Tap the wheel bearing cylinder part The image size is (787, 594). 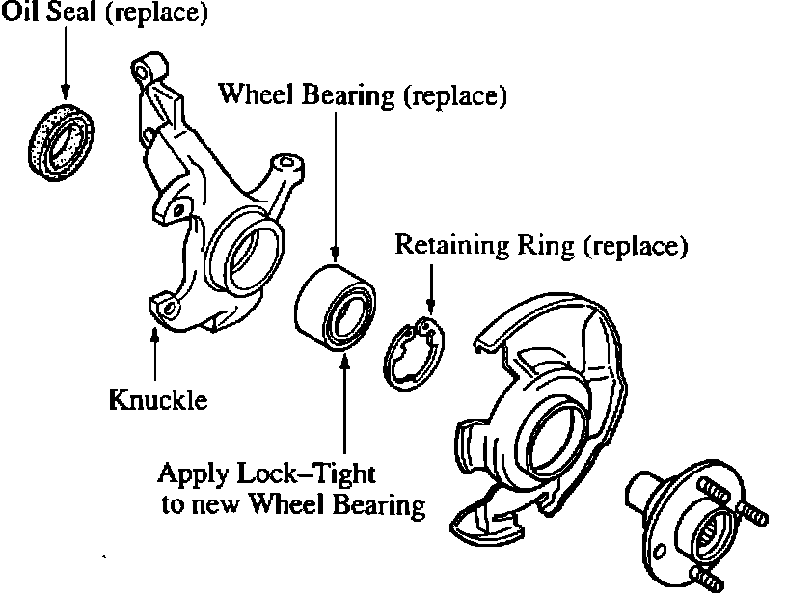click(x=333, y=306)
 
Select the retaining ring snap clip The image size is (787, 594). click(x=414, y=349)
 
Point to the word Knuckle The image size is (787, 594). click(x=157, y=399)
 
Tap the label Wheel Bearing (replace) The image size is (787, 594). click(x=362, y=94)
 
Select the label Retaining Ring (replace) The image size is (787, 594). click(x=541, y=246)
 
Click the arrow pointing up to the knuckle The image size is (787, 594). click(x=154, y=356)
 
